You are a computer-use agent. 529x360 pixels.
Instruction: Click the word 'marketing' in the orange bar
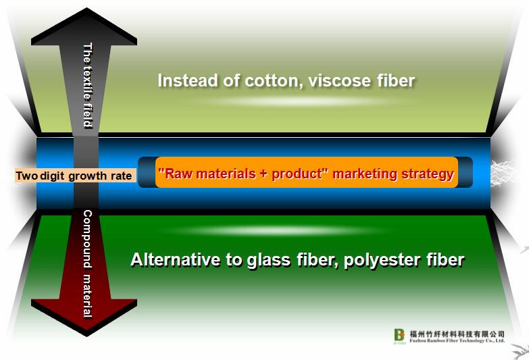(364, 174)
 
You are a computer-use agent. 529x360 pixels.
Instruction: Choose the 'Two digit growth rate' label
(74, 176)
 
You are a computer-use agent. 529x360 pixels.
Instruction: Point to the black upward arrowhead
(84, 26)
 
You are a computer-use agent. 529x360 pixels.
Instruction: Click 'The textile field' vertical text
(88, 85)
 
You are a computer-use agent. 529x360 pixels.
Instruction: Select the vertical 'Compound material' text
(87, 264)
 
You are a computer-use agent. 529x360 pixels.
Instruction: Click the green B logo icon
(399, 335)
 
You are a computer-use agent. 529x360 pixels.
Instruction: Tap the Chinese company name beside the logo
(457, 334)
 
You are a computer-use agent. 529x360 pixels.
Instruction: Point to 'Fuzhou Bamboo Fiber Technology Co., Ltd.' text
(457, 340)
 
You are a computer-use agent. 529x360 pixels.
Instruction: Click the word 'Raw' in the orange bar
(177, 174)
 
